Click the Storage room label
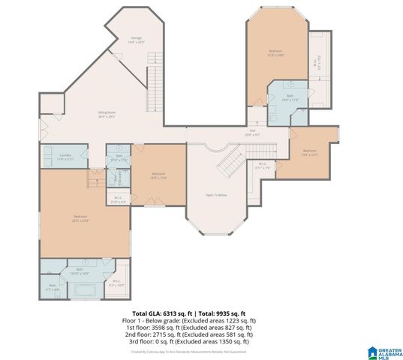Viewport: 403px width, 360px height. (x=137, y=40)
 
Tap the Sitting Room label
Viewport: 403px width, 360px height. (x=107, y=114)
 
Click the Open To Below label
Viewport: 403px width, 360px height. (x=217, y=194)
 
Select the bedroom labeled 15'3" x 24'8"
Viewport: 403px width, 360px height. (x=275, y=52)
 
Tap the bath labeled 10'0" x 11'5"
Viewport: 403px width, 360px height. (x=290, y=97)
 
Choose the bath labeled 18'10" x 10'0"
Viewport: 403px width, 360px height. (x=80, y=270)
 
